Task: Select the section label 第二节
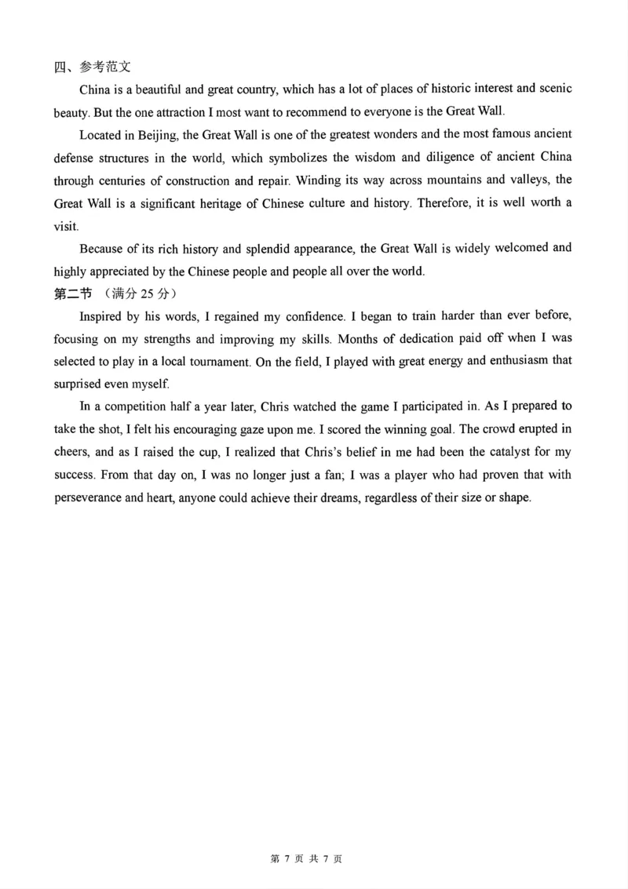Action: [x=72, y=294]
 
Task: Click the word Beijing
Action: [x=157, y=134]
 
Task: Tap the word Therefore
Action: [x=445, y=203]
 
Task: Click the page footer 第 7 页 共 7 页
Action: [x=306, y=859]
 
